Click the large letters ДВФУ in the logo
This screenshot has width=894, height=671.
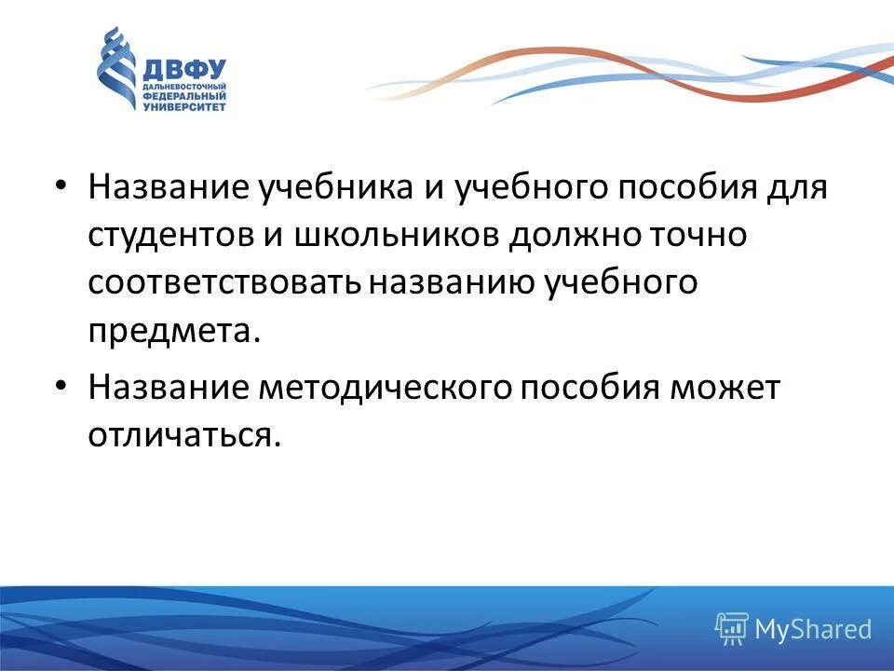point(183,70)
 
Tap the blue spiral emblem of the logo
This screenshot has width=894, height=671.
point(116,69)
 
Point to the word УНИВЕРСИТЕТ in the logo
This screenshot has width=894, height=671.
point(183,106)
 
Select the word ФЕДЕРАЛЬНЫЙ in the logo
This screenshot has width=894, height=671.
point(183,96)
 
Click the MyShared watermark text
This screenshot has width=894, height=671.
point(813,629)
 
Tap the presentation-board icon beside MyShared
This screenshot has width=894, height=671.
point(732,628)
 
